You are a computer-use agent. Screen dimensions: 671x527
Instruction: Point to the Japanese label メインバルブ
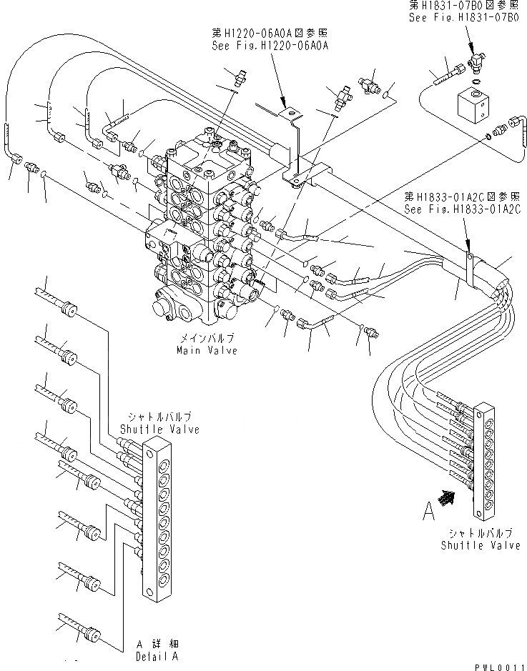click(x=207, y=340)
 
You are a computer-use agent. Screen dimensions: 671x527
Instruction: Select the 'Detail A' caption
click(x=158, y=655)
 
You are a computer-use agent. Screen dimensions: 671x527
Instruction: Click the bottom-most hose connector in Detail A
click(x=92, y=634)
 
